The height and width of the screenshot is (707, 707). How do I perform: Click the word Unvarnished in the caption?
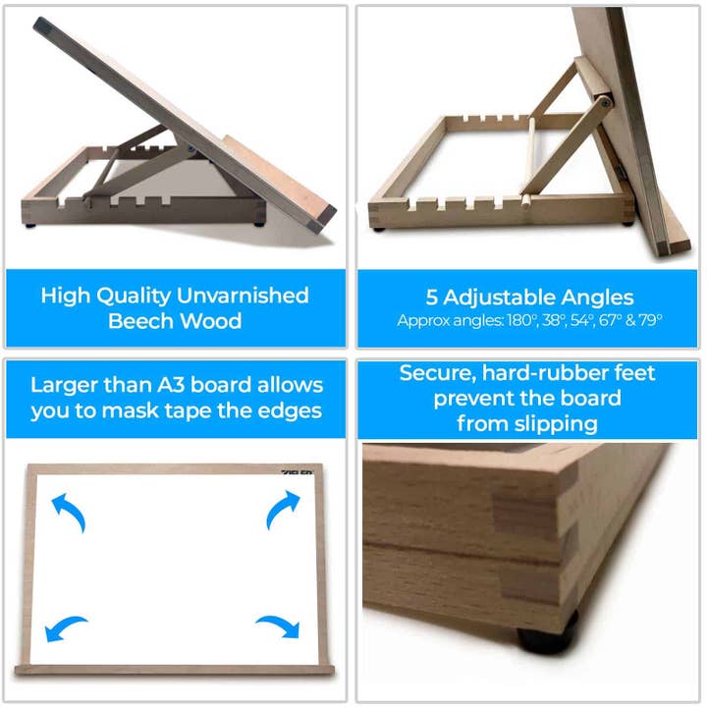click(243, 296)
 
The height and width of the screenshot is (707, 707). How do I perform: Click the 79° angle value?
click(651, 320)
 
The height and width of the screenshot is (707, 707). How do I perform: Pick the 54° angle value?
click(582, 320)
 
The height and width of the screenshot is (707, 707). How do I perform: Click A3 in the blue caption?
click(171, 385)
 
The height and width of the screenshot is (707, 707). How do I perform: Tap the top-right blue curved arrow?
click(283, 510)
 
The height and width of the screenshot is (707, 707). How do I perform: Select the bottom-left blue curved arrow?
click(66, 627)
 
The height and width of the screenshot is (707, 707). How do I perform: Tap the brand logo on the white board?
click(298, 472)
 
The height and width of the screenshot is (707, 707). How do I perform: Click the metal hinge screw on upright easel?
click(606, 102)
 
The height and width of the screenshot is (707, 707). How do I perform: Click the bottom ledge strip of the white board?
click(175, 670)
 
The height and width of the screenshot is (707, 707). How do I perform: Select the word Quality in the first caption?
click(134, 297)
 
